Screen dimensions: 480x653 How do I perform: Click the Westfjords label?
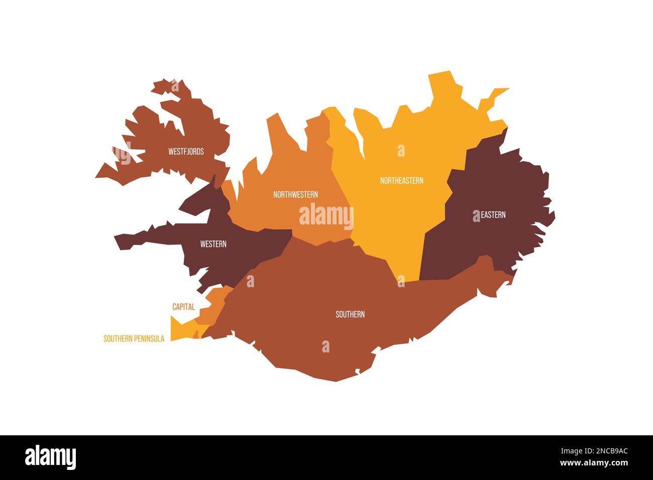click(x=186, y=151)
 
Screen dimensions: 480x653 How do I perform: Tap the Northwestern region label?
click(x=295, y=194)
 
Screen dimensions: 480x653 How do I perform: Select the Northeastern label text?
click(x=401, y=181)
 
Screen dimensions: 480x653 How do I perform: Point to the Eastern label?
click(x=493, y=215)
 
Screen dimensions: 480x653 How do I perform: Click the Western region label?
click(x=213, y=245)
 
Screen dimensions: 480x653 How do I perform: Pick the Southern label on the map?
click(x=350, y=315)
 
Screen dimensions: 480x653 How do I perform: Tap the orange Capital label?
click(x=183, y=307)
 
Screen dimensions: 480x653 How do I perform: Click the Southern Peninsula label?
click(x=134, y=339)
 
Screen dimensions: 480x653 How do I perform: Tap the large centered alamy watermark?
click(x=326, y=216)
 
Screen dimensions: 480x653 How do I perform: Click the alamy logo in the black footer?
click(x=51, y=457)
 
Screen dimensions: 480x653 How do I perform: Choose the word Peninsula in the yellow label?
click(x=149, y=339)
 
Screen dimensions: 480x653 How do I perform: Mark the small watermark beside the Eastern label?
click(x=476, y=216)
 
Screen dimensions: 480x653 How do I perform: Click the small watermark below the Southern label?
click(x=325, y=346)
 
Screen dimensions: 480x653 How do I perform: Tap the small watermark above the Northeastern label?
click(x=401, y=151)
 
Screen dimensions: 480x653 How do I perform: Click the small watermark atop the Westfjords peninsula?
click(x=175, y=86)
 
